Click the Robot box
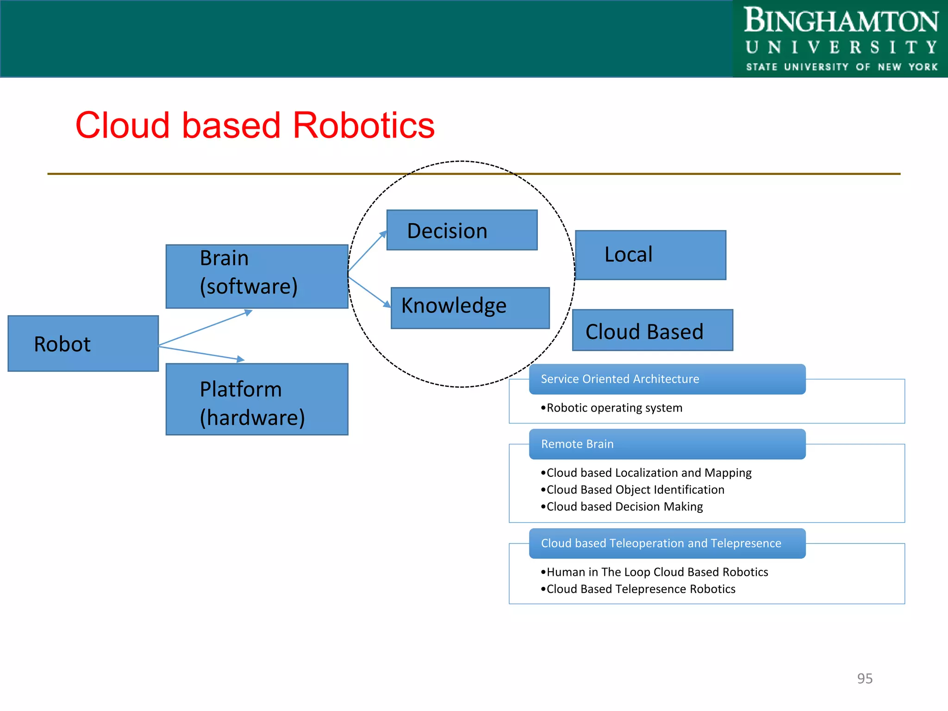(83, 343)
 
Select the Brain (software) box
(257, 276)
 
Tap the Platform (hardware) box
(257, 399)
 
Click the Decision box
(462, 230)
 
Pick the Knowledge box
(470, 308)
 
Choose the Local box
(650, 255)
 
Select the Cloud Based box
(652, 330)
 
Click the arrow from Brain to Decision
(367, 252)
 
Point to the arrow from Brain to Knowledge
(369, 292)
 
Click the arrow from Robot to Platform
(201, 353)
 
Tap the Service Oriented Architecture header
(667, 379)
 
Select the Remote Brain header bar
(667, 444)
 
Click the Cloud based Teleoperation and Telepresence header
(667, 543)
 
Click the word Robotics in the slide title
(364, 125)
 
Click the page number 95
(864, 678)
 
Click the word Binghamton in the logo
(841, 21)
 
